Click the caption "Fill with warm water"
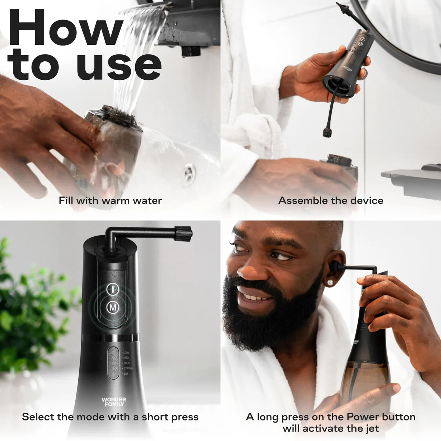[x=110, y=201]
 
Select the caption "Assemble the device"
[x=331, y=201]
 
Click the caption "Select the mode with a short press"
[x=110, y=417]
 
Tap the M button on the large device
[x=113, y=308]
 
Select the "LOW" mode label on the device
[x=126, y=353]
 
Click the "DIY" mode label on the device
[x=126, y=374]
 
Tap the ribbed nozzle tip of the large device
[x=183, y=234]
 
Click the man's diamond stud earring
[x=330, y=283]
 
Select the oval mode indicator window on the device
[x=114, y=363]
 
